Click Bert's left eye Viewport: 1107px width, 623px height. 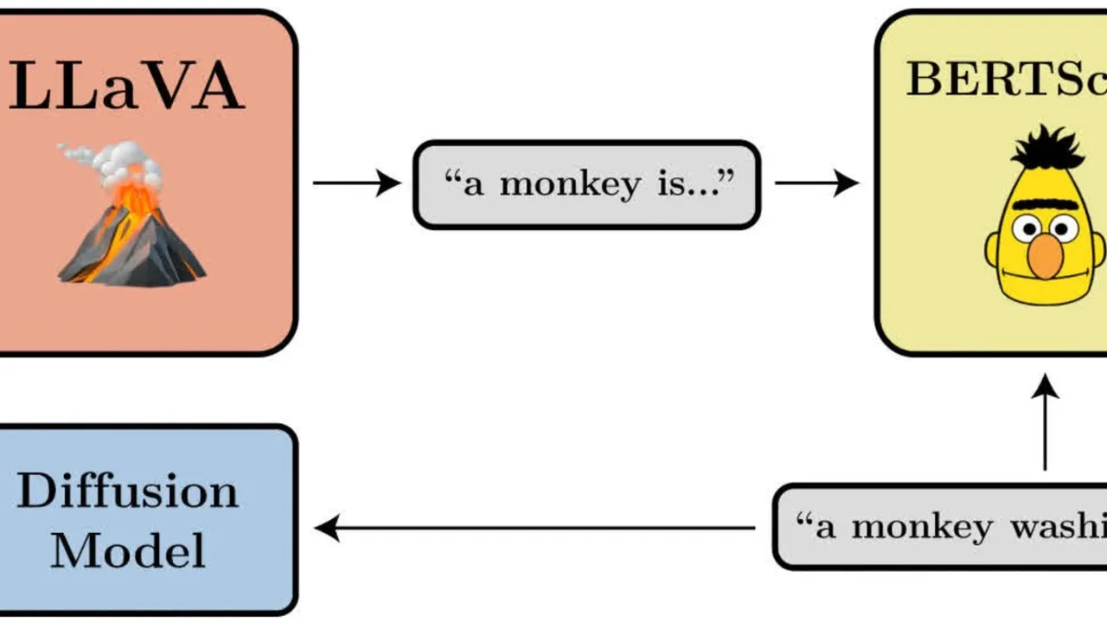[x=1027, y=229]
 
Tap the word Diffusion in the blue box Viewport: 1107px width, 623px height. [x=126, y=492]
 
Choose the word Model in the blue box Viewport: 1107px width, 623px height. [x=127, y=550]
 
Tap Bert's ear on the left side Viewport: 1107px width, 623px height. [x=992, y=252]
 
